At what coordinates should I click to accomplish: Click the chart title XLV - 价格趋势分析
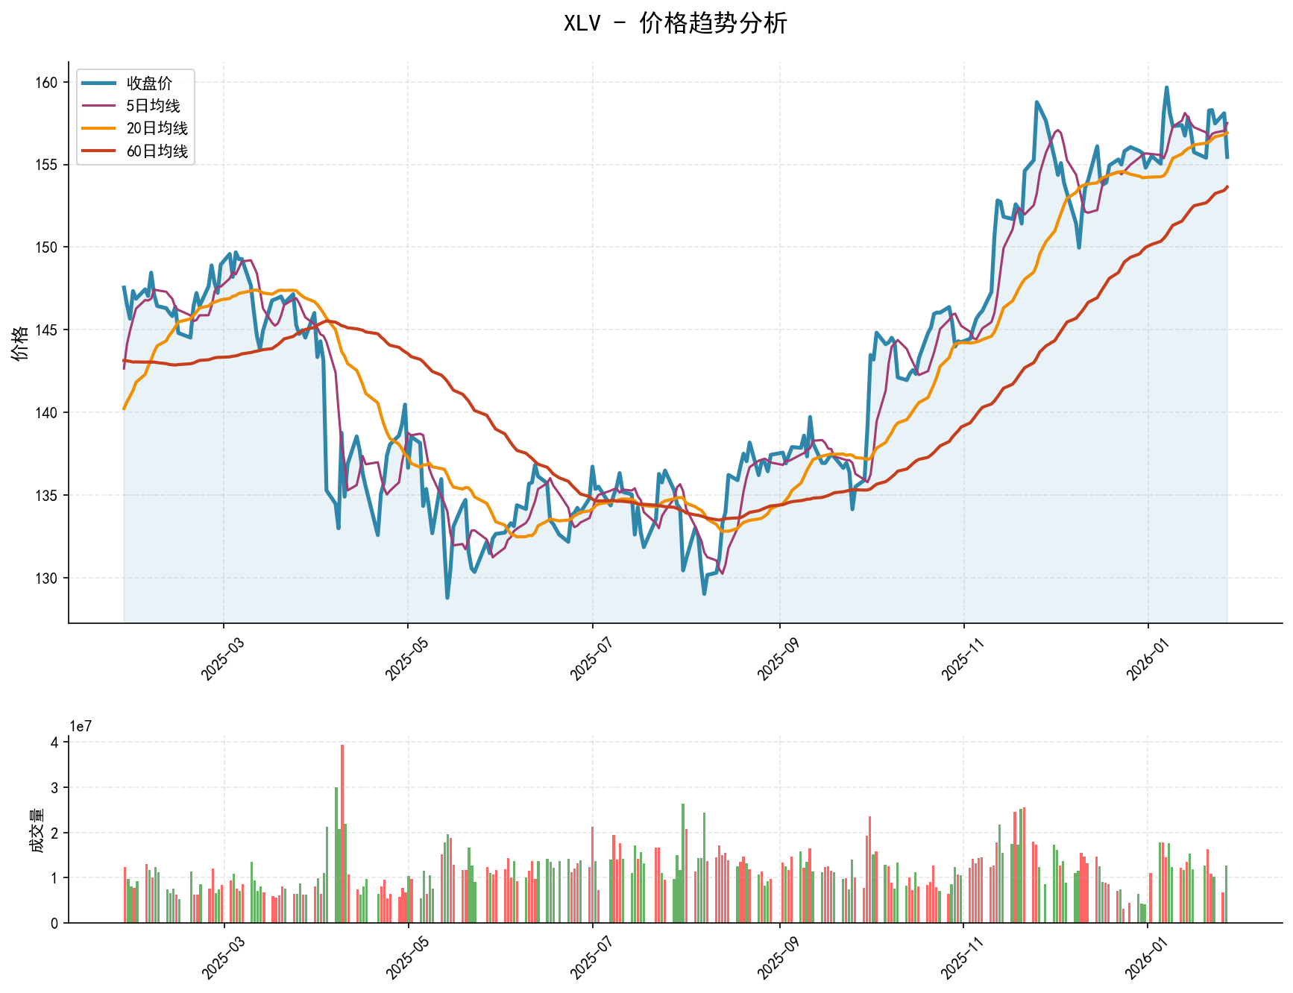(x=675, y=24)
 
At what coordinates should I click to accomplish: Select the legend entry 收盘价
(x=149, y=83)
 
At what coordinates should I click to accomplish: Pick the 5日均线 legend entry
(x=153, y=106)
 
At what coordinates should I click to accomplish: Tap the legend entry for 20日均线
(x=157, y=128)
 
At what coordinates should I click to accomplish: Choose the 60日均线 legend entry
(x=157, y=151)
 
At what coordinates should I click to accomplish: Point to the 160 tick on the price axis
(x=46, y=83)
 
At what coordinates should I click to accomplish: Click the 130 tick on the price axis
(x=46, y=579)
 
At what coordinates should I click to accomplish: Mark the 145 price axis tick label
(x=46, y=330)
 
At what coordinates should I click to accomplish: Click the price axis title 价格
(x=20, y=343)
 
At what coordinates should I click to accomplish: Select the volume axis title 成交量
(x=36, y=830)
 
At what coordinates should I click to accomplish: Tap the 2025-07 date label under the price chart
(x=589, y=656)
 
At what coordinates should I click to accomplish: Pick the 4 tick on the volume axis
(x=55, y=743)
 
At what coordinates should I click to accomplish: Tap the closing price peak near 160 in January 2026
(x=1166, y=88)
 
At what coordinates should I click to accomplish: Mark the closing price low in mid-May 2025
(x=447, y=597)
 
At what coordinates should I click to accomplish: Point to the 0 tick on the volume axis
(x=55, y=924)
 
